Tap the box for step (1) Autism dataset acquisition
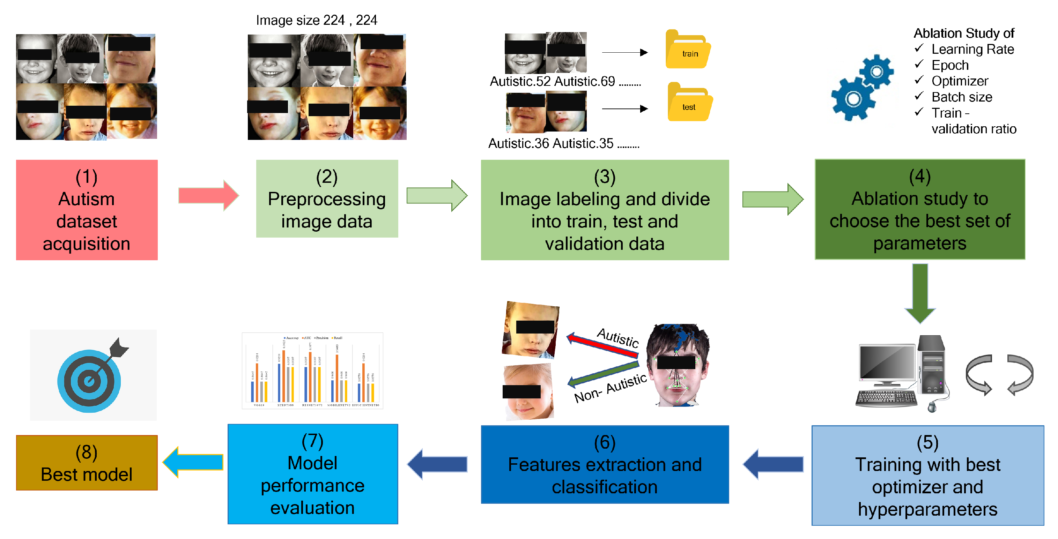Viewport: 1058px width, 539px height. [x=87, y=210]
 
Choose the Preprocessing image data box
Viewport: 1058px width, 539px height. [x=327, y=199]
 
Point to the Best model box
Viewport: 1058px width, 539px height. [x=87, y=463]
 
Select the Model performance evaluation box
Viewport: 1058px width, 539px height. [x=312, y=474]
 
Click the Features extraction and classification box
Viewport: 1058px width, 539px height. [x=605, y=464]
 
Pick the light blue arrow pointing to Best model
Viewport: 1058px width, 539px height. [x=193, y=462]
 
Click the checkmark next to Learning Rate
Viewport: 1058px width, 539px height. [x=919, y=48]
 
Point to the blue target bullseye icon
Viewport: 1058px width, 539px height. [x=89, y=381]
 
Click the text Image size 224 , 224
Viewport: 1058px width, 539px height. [x=316, y=20]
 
